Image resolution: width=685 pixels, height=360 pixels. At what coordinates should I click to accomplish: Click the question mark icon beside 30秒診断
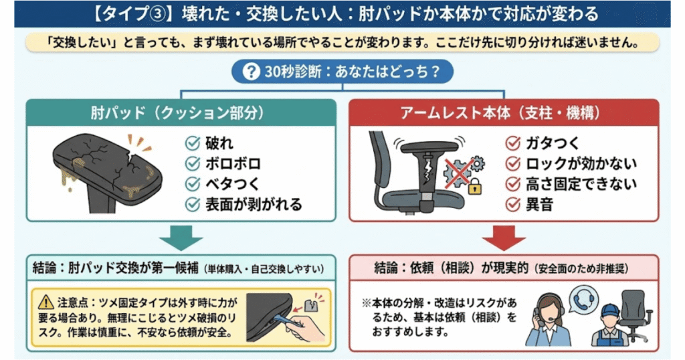251,72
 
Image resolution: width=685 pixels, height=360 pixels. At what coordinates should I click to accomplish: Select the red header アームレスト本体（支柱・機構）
504,113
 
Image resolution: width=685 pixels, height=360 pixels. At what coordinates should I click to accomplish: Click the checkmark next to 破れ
193,143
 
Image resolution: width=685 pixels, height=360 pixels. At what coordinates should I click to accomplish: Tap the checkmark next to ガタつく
514,143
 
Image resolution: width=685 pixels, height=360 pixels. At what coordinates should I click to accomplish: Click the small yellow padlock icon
475,189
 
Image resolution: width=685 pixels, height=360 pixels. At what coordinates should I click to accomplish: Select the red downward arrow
504,238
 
